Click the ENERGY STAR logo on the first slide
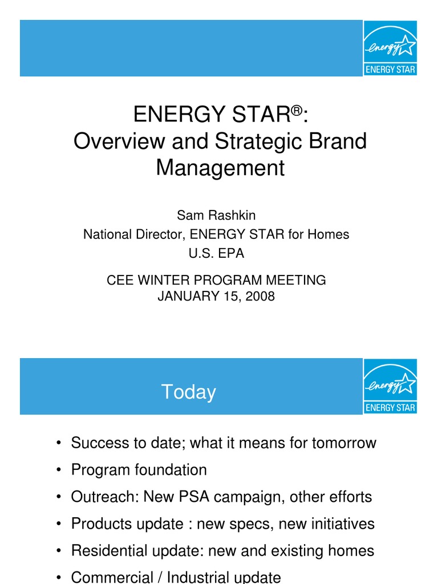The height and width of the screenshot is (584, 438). [390, 48]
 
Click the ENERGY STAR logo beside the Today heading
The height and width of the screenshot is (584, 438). [390, 386]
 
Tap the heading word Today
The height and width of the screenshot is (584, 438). [188, 392]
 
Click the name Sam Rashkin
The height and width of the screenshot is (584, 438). [216, 215]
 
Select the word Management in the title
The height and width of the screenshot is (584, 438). [220, 168]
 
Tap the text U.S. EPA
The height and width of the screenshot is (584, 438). [216, 254]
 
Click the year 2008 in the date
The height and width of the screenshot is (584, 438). [260, 296]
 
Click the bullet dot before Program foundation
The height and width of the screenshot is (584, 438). [59, 471]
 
